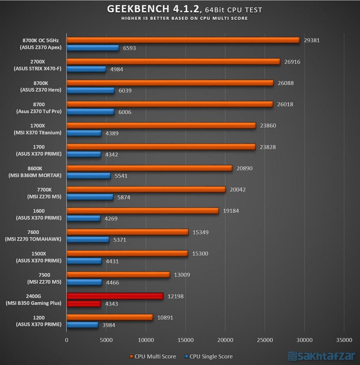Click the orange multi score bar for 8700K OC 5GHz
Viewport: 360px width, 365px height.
coord(183,40)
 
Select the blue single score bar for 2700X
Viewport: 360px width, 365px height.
coord(86,69)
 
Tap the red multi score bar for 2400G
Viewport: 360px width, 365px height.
coord(115,296)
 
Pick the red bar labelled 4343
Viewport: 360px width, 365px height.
coord(84,304)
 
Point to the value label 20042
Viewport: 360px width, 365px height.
coord(238,190)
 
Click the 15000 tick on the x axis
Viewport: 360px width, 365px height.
coord(186,340)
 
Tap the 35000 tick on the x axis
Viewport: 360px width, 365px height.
coord(344,340)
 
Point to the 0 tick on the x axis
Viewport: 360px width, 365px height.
coord(67,340)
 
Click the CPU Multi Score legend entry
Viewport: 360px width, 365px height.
coord(153,357)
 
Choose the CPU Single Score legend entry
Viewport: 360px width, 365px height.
coord(208,357)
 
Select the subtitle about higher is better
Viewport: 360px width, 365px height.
coord(185,18)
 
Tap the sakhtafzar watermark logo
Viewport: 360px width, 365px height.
coord(321,356)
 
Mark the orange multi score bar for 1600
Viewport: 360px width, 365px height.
coord(143,211)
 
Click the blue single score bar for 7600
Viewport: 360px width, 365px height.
coord(88,240)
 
